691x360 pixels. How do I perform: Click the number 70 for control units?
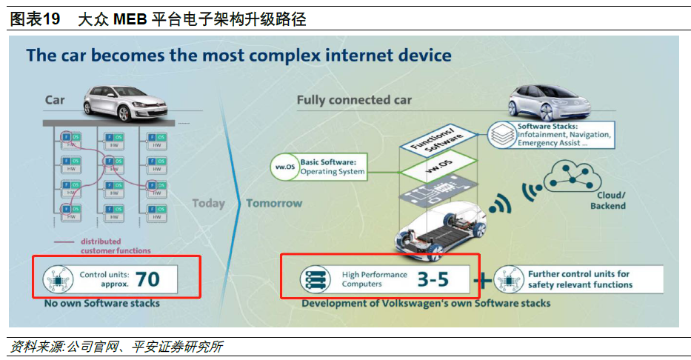coord(147,279)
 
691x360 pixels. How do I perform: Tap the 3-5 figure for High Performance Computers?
coord(432,279)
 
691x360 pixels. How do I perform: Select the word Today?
coord(208,203)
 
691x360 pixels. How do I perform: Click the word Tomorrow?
coord(274,203)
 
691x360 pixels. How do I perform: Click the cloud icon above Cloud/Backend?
coord(575,179)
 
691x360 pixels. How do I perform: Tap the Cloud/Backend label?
coord(608,201)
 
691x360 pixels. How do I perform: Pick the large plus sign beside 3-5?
coord(482,279)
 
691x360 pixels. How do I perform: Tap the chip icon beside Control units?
coord(57,279)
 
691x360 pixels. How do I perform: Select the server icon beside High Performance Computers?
coord(314,279)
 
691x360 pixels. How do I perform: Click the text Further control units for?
coord(578,274)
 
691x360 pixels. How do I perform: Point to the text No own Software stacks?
coord(101,303)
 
